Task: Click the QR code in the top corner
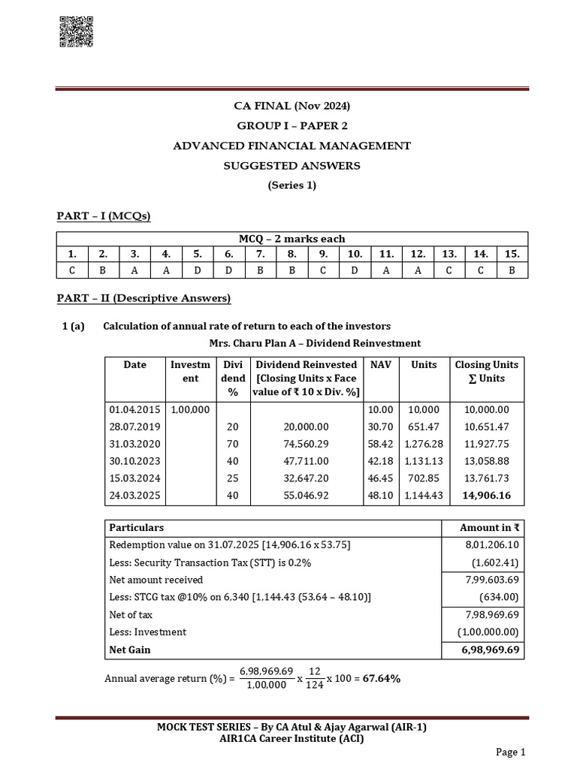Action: coord(75,33)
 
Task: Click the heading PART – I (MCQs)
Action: coord(104,217)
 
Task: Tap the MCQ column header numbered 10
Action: coord(355,254)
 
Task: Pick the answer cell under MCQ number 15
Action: coord(512,270)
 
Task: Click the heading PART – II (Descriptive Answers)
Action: coord(143,299)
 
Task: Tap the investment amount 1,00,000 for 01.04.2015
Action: coord(191,409)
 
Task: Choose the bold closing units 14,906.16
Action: coord(486,496)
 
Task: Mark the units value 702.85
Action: coord(424,478)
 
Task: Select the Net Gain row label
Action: coord(130,649)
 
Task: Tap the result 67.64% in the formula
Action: coord(382,679)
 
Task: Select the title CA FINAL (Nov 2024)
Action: coord(292,106)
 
